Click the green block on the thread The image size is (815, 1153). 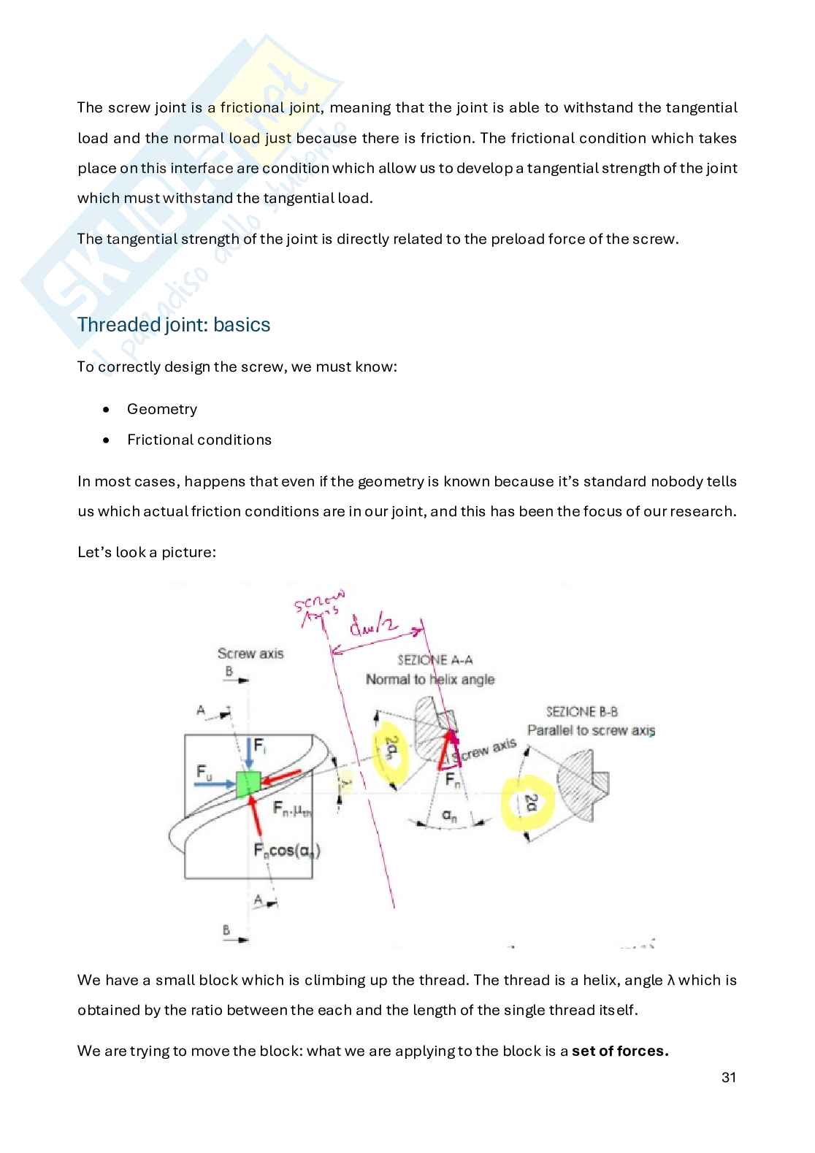coord(248,783)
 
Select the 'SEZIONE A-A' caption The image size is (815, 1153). coord(435,660)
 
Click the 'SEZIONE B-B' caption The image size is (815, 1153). coord(582,711)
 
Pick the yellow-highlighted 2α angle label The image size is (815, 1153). coord(529,802)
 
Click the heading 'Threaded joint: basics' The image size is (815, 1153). coord(174,325)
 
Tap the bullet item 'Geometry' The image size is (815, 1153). coord(161,409)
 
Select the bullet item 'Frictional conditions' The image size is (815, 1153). coord(199,440)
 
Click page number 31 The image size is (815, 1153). coord(728,1077)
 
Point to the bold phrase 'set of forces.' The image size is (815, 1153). coord(620,1052)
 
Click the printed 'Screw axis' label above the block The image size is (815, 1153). coord(250,654)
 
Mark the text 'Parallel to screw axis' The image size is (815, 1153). coord(591,730)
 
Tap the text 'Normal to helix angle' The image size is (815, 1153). coord(430,680)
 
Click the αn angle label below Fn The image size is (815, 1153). coord(449,816)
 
